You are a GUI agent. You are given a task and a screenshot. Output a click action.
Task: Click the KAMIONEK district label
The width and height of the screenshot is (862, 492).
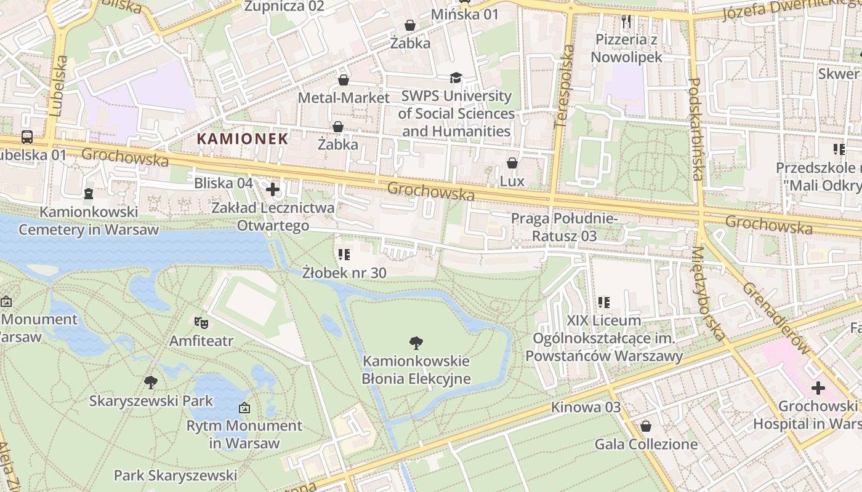tap(242, 138)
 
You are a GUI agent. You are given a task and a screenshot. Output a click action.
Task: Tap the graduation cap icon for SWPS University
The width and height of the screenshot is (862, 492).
tap(456, 77)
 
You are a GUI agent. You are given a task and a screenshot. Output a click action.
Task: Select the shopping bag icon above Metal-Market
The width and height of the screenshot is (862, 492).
tap(344, 80)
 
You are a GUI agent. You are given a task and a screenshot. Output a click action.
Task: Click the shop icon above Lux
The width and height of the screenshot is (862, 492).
tap(512, 163)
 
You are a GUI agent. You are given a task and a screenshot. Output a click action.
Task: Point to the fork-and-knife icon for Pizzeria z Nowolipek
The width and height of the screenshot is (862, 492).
tap(626, 22)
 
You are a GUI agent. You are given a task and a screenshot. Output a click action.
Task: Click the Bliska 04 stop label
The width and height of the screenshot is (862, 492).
tap(224, 183)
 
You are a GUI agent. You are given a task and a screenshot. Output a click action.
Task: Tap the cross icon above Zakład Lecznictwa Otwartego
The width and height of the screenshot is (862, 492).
tap(273, 189)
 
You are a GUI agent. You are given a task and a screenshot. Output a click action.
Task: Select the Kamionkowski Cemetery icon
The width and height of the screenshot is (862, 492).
tap(89, 194)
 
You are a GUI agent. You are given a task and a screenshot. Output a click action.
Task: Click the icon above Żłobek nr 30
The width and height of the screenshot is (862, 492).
tap(344, 254)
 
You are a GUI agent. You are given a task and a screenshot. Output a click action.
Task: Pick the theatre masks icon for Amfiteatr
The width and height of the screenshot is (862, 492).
tap(201, 322)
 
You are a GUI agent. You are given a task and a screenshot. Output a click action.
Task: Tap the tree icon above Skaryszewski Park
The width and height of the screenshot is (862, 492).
tap(151, 383)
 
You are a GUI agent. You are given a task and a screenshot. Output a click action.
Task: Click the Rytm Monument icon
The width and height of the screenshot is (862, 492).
tap(244, 407)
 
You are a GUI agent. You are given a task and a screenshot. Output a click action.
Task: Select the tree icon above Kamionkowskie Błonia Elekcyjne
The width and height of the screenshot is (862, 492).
tap(416, 343)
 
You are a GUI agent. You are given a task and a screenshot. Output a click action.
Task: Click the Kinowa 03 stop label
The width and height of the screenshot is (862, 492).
tap(586, 407)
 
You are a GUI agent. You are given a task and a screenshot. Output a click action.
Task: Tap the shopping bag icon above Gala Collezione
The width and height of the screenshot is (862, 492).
tap(646, 426)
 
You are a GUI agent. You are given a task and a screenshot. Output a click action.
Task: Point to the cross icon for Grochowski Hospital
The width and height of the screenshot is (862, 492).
tap(818, 388)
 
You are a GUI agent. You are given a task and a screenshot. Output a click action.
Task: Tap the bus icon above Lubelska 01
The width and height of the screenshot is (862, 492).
tap(27, 137)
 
